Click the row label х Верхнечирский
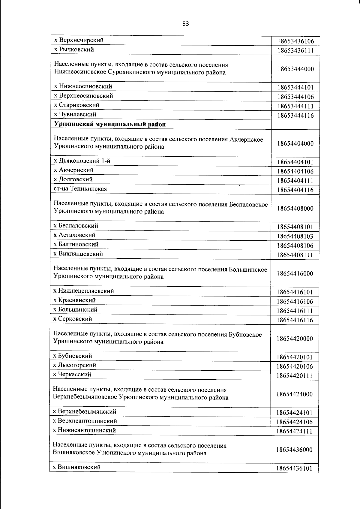coord(78,40)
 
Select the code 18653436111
coord(295,50)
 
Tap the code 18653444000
coord(295,69)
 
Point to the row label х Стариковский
coord(76,105)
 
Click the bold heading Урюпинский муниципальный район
coord(110,124)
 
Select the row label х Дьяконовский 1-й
coord(82,161)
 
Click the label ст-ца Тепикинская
coord(80,189)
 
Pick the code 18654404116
coord(295,190)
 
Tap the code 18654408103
coord(295,236)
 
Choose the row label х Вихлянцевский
coord(78,254)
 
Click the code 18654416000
coord(295,274)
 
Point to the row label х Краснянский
coord(74,300)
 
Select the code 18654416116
coord(295,320)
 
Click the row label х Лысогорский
coord(74,365)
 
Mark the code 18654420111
coord(295,376)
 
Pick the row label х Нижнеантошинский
coord(84,430)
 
